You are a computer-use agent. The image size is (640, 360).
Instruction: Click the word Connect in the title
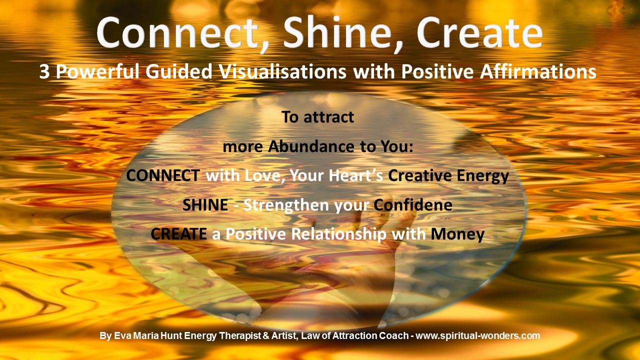pyautogui.click(x=176, y=32)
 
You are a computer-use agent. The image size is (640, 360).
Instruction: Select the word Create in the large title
pyautogui.click(x=479, y=32)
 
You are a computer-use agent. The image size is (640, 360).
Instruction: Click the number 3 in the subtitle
pyautogui.click(x=44, y=71)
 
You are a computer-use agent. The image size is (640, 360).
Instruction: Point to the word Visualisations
pyautogui.click(x=283, y=71)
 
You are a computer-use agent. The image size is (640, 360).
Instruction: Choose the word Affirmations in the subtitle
pyautogui.click(x=538, y=71)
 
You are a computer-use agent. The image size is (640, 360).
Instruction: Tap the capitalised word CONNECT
pyautogui.click(x=163, y=175)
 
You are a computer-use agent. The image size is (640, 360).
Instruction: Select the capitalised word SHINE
pyautogui.click(x=205, y=205)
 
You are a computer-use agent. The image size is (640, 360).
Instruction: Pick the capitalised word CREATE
pyautogui.click(x=179, y=234)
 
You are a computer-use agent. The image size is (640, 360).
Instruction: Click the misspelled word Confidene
pyautogui.click(x=413, y=205)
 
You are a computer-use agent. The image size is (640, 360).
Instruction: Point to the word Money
pyautogui.click(x=457, y=234)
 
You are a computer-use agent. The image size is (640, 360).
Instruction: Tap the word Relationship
pyautogui.click(x=338, y=234)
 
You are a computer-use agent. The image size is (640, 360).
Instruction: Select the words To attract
pyautogui.click(x=317, y=117)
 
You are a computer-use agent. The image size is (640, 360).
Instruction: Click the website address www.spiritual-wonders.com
pyautogui.click(x=477, y=335)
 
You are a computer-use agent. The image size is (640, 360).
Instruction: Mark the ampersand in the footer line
pyautogui.click(x=265, y=335)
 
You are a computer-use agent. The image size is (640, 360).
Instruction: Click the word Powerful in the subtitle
pyautogui.click(x=97, y=71)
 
